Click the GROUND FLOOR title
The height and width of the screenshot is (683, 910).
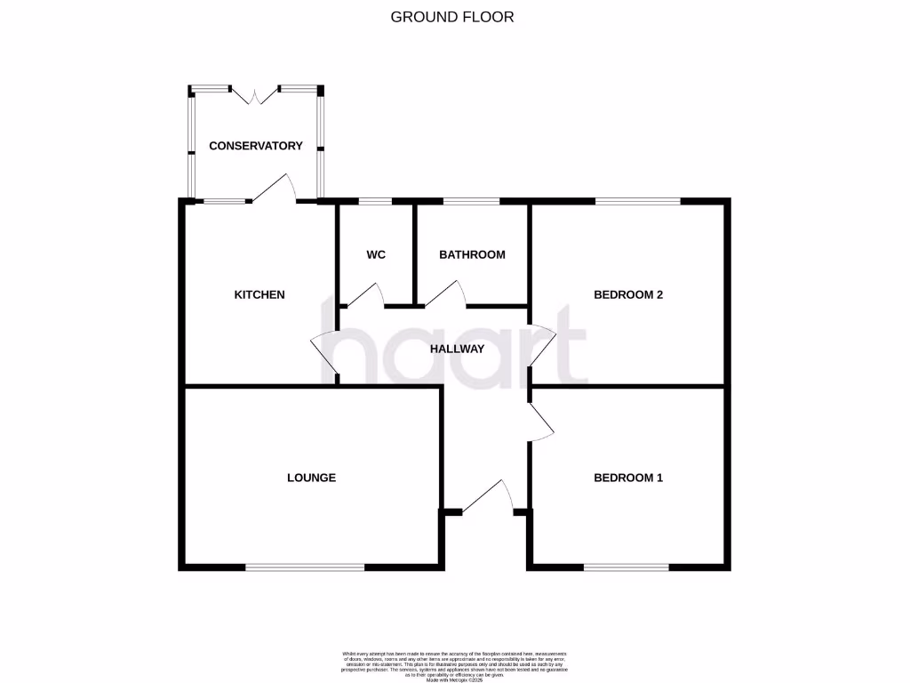click(453, 16)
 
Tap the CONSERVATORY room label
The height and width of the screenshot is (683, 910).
click(256, 146)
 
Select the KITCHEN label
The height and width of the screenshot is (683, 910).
click(259, 294)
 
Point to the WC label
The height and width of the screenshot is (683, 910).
click(376, 254)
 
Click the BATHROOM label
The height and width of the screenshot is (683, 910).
click(472, 254)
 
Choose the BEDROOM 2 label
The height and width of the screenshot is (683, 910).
click(628, 294)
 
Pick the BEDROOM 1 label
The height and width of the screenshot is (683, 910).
click(628, 478)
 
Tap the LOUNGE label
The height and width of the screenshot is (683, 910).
click(311, 478)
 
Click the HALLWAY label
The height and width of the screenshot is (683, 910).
click(457, 349)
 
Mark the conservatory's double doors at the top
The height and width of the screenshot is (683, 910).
click(255, 95)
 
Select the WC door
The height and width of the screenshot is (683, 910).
click(365, 294)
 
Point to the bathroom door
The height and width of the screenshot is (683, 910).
click(443, 293)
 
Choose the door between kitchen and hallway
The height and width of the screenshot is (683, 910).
click(323, 355)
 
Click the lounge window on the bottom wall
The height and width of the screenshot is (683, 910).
click(305, 566)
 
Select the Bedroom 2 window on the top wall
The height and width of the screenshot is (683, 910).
click(638, 201)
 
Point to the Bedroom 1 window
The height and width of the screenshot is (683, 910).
click(627, 566)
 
